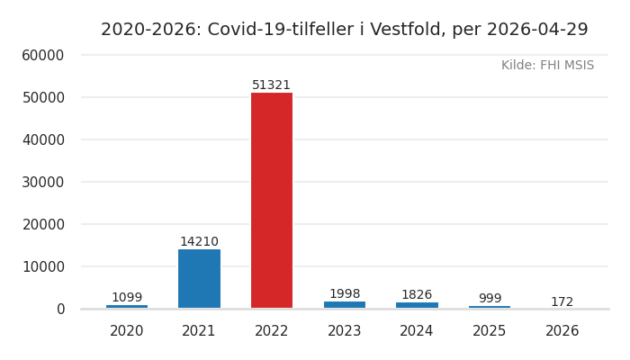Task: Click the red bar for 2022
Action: (271, 200)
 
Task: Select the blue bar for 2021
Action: (199, 279)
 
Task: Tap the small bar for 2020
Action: (127, 307)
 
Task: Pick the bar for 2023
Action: (345, 305)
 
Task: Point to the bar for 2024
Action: (417, 305)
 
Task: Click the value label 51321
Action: (271, 85)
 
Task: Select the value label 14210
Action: (199, 242)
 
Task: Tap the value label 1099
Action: (127, 298)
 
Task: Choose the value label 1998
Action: (345, 294)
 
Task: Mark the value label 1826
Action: (417, 295)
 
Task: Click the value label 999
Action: (490, 299)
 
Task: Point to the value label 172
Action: (562, 302)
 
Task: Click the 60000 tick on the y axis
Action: (43, 56)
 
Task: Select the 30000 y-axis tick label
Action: (43, 183)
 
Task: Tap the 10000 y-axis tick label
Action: (43, 267)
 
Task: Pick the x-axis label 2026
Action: (562, 331)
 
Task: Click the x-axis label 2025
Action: (490, 331)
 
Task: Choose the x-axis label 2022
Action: (271, 331)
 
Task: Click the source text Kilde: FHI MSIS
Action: (547, 66)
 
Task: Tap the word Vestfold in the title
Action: (406, 30)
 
